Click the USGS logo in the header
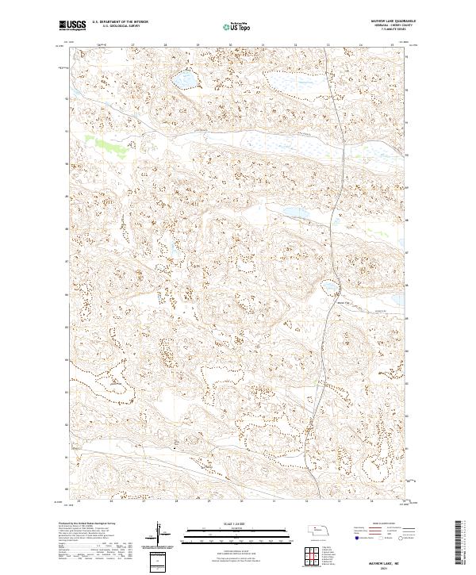[72, 25]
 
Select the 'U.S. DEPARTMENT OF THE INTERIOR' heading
[126, 21]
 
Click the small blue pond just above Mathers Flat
[328, 286]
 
